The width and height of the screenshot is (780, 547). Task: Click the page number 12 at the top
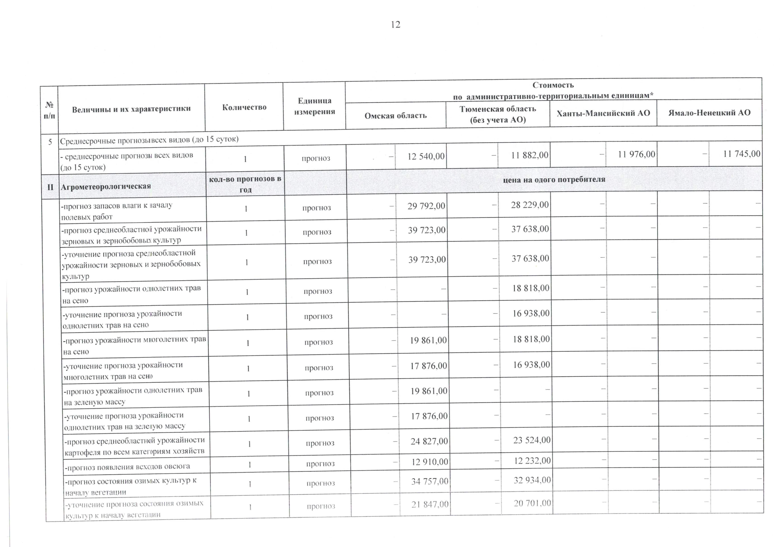[x=395, y=24]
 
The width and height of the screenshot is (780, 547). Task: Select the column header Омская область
[x=395, y=116]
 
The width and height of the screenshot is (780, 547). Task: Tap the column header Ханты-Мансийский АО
[x=603, y=113]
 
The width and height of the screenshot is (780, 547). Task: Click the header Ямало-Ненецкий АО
[x=709, y=112]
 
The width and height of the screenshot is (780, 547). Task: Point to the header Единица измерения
[x=314, y=106]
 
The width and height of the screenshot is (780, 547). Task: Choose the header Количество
[x=244, y=107]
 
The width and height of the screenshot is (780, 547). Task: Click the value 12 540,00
[x=426, y=156]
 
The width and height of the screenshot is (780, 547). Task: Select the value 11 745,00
[x=742, y=154]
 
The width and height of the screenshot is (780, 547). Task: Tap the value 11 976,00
[x=636, y=155]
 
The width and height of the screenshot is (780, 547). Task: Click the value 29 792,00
[x=426, y=206]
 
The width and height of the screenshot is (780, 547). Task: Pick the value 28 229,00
[x=530, y=205]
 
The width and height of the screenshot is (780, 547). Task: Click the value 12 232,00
[x=532, y=461]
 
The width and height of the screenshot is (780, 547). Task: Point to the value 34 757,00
[x=429, y=481]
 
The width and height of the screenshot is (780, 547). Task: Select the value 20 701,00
[x=532, y=503]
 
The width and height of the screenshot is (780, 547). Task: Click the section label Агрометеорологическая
[x=106, y=186]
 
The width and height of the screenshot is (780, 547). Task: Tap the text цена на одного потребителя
[x=554, y=179]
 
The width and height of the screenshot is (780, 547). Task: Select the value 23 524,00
[x=532, y=440]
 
